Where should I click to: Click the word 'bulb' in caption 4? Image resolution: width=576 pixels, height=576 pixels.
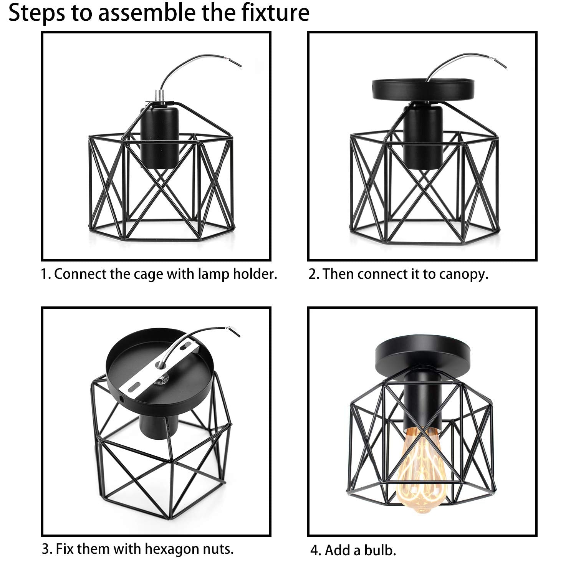pyautogui.click(x=381, y=551)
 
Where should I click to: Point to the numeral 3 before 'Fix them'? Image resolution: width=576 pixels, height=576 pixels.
pyautogui.click(x=45, y=550)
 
